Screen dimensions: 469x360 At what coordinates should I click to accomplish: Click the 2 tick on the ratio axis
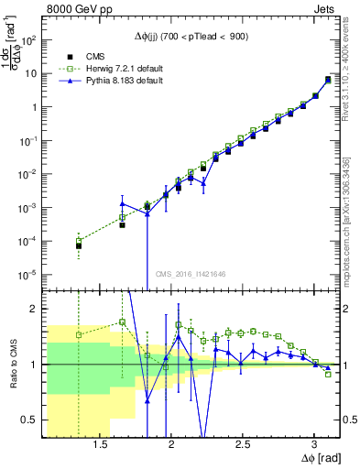tap(38, 309)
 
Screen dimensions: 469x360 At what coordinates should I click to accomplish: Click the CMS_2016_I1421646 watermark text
tap(196, 273)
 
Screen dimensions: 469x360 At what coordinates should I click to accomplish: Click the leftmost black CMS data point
tap(79, 245)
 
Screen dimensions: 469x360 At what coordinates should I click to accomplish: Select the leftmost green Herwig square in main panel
tap(79, 241)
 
